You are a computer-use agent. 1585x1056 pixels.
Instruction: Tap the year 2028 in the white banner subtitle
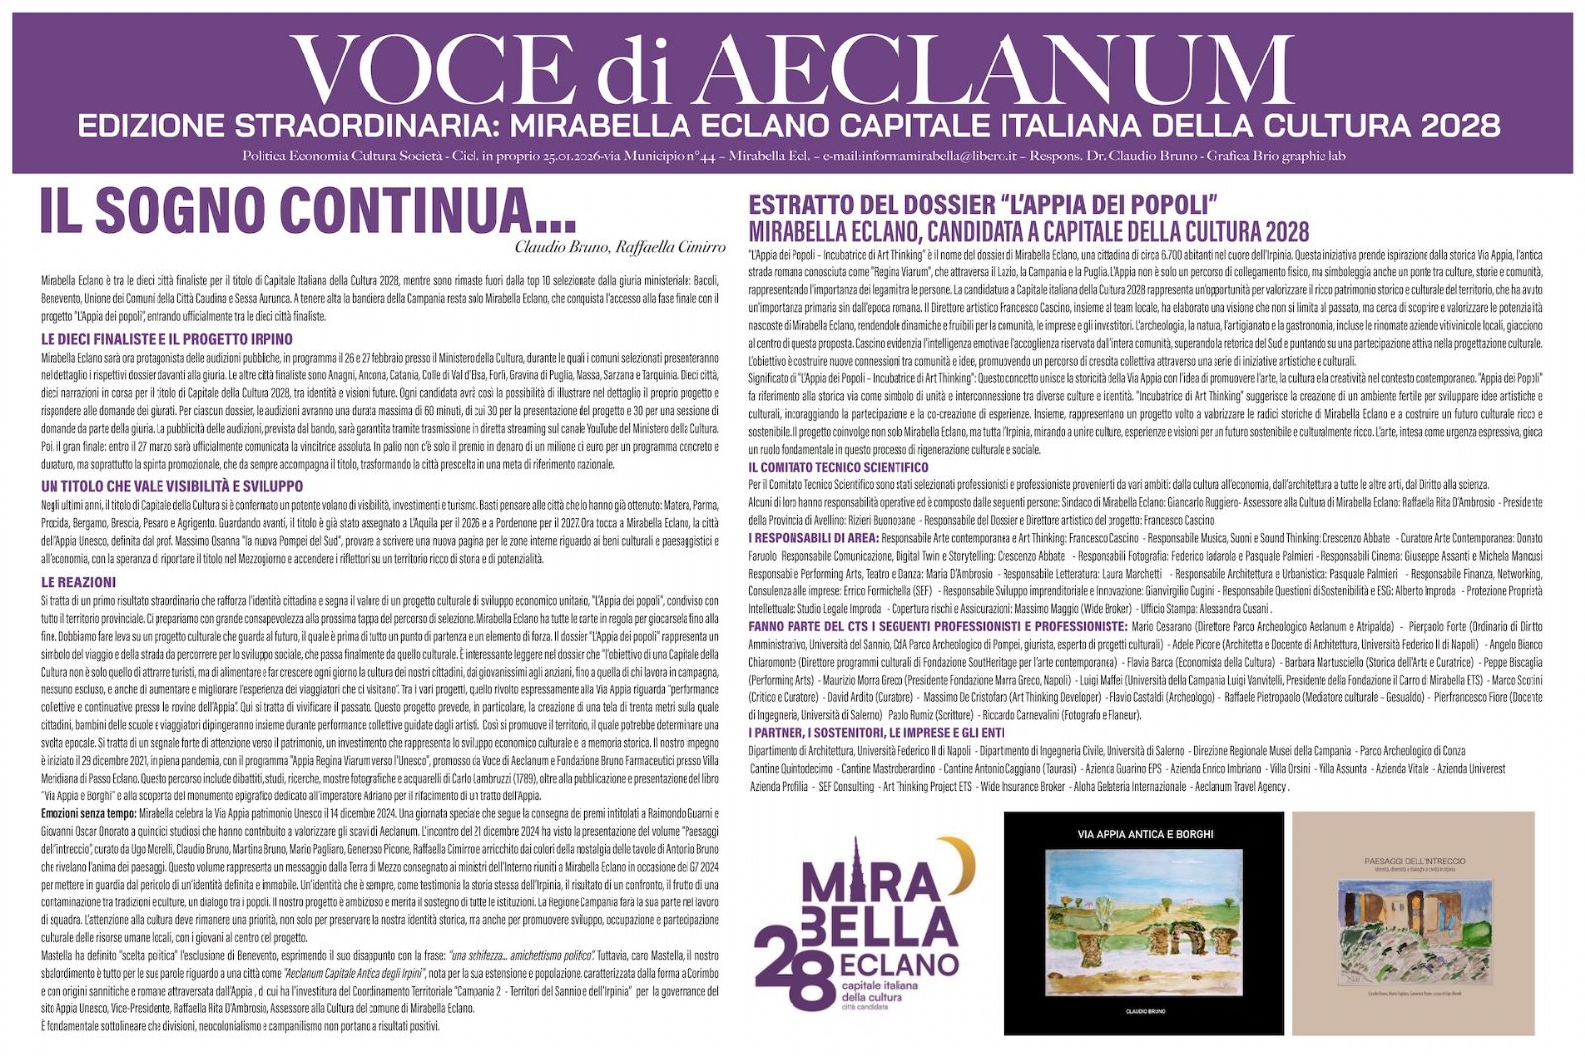1459,126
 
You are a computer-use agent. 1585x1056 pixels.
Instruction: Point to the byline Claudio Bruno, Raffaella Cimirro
619,246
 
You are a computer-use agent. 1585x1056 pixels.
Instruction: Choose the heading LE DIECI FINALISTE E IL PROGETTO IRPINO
166,339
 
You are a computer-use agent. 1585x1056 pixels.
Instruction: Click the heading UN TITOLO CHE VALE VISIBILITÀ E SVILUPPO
171,486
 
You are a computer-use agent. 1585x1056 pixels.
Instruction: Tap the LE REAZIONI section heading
78,582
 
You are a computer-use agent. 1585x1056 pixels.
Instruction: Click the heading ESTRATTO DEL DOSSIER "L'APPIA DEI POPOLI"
983,205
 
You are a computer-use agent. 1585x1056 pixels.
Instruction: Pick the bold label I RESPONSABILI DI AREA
812,538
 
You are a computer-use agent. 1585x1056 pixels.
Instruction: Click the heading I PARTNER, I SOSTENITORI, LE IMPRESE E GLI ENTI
876,733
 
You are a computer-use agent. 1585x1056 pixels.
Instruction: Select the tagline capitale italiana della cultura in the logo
880,992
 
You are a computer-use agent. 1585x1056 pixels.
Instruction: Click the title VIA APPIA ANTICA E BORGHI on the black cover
1144,834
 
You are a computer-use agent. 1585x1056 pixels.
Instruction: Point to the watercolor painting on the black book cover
1144,921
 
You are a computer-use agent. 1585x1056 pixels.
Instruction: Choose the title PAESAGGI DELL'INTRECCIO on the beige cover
1415,861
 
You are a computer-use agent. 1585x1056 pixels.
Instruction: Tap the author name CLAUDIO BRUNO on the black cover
1145,1011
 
